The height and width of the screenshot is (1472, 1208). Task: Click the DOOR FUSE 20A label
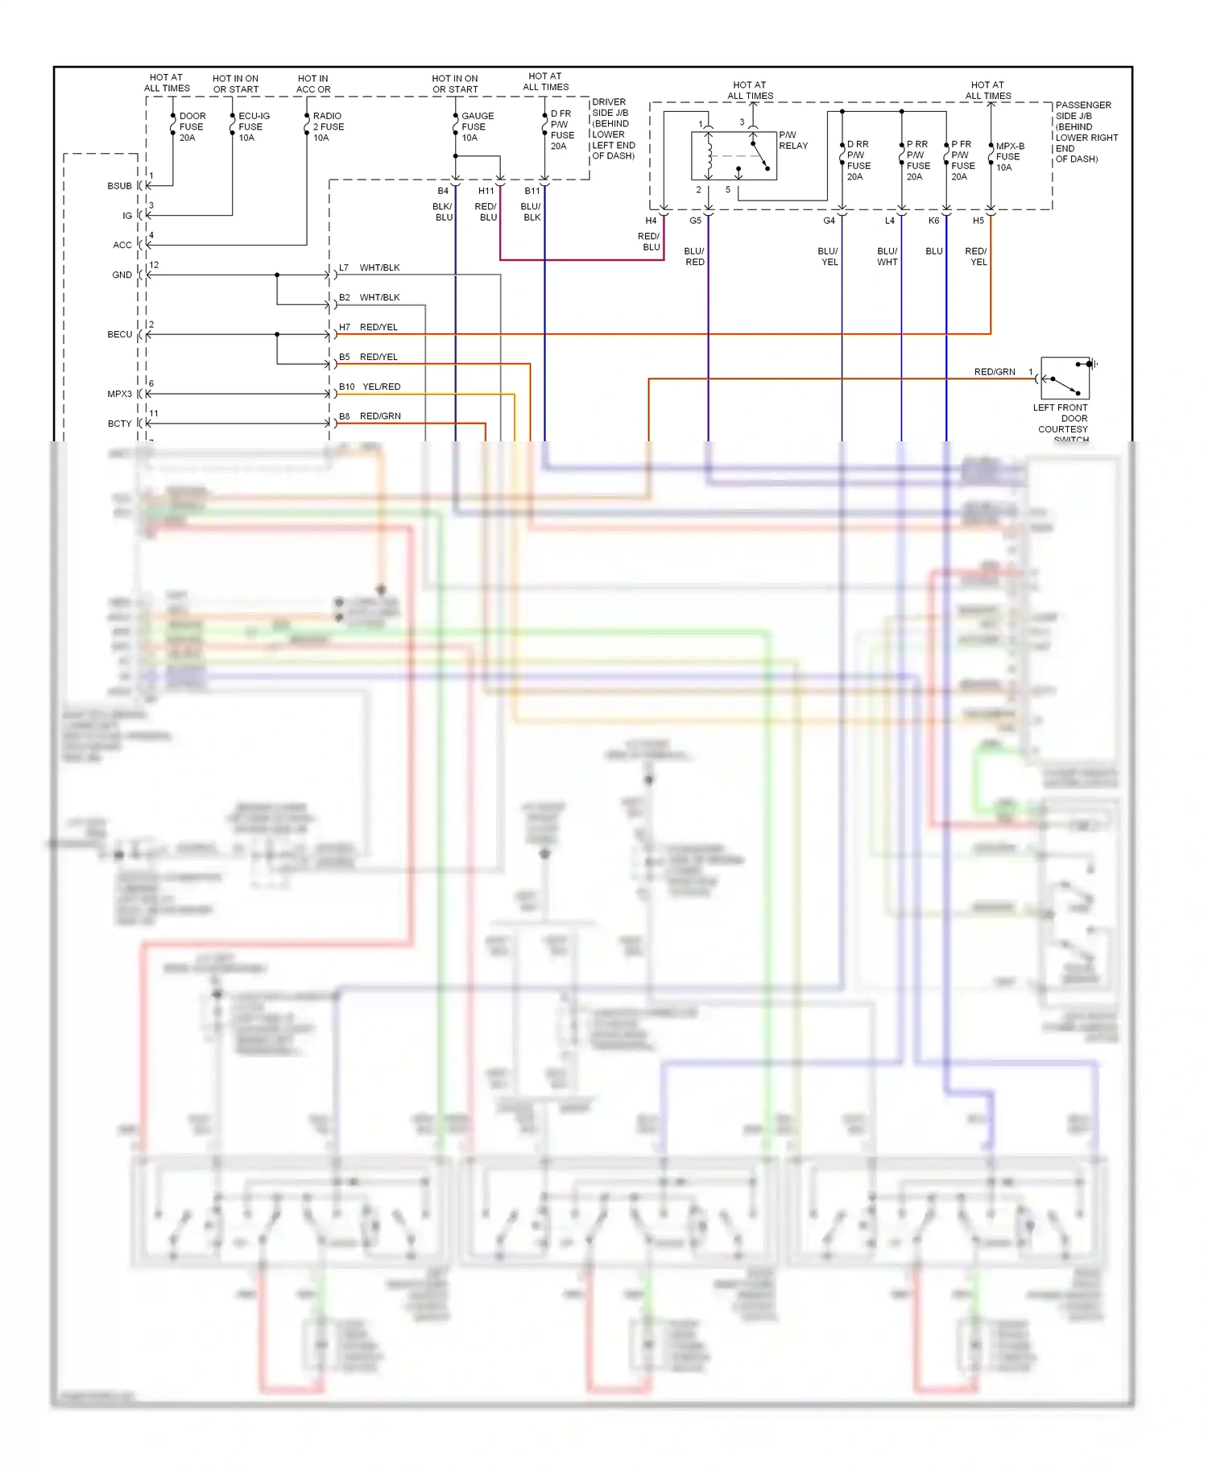click(x=192, y=126)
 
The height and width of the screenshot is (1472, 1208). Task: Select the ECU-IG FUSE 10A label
click(x=253, y=126)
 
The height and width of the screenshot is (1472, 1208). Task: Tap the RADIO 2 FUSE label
click(x=327, y=126)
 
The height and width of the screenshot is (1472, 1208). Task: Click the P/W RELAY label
click(x=792, y=140)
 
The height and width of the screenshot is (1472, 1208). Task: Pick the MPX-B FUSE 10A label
click(x=1009, y=156)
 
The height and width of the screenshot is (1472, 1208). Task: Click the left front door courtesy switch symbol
click(x=1065, y=378)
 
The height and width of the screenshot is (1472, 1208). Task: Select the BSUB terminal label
click(x=119, y=186)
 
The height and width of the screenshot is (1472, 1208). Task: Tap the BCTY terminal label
click(x=119, y=424)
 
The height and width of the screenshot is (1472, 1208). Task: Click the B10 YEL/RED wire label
click(x=370, y=387)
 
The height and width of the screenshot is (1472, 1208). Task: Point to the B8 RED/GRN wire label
click(x=370, y=416)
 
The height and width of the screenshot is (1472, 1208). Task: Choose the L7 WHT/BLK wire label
click(x=370, y=267)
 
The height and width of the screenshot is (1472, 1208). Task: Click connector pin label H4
click(x=651, y=221)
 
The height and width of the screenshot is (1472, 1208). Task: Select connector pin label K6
click(x=933, y=221)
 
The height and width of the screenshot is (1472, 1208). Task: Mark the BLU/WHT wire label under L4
click(x=887, y=256)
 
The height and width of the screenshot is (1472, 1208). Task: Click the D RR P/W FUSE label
click(x=858, y=160)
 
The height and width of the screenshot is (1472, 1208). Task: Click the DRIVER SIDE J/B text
click(x=613, y=129)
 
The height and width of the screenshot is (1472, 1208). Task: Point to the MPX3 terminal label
click(x=119, y=394)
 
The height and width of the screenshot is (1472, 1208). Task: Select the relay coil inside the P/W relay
click(x=709, y=156)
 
